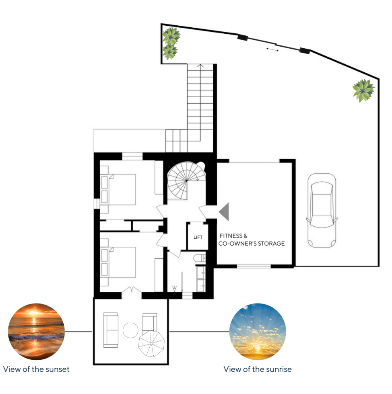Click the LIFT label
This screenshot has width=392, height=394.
[x=198, y=237]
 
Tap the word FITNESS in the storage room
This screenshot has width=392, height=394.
[x=231, y=236]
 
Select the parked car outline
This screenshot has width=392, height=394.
[x=322, y=211]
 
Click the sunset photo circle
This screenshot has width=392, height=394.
[x=36, y=331]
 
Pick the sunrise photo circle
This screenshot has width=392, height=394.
[x=258, y=331]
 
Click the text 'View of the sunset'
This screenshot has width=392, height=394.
[x=36, y=369]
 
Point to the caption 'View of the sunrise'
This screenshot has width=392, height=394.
[x=258, y=369]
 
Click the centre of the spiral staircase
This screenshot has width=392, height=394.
[x=186, y=181]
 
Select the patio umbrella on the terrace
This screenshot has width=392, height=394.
[x=151, y=343]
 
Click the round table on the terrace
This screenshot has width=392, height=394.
[x=130, y=330]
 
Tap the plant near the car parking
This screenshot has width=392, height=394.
[x=363, y=90]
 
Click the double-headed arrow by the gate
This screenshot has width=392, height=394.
[x=272, y=50]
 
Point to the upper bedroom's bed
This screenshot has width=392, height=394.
[x=118, y=190]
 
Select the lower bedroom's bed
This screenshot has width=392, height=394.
[x=118, y=262]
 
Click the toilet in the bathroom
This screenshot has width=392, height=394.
[x=199, y=258]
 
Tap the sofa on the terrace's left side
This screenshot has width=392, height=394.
[x=111, y=330]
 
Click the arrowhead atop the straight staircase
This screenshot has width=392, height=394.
[x=200, y=66]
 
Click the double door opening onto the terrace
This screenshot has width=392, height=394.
[x=132, y=289]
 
